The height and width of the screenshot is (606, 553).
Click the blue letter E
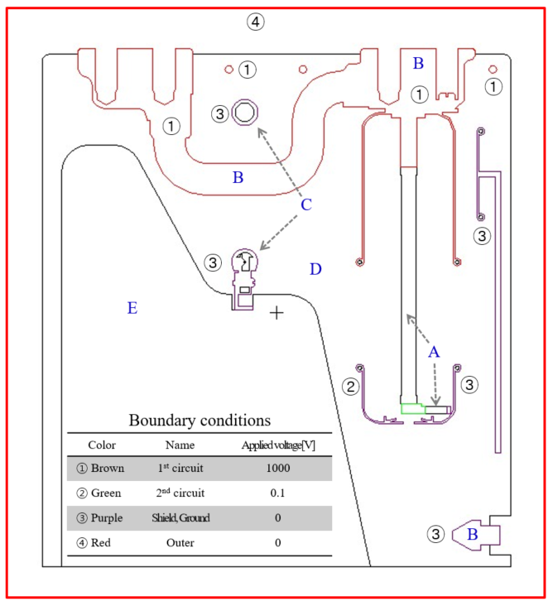point(132,309)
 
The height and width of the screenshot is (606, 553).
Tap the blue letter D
point(315,269)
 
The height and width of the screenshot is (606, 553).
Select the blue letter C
point(305,204)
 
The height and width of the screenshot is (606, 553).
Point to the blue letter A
point(433,352)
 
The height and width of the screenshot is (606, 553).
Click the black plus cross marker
point(276,313)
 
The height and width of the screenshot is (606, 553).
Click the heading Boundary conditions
point(200,420)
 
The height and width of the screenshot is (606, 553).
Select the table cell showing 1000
point(277,468)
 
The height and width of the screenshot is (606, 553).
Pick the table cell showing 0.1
point(277,493)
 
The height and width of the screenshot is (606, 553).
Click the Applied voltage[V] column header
point(278,445)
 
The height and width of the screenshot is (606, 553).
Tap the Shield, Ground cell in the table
point(180,518)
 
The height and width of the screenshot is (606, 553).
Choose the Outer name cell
point(180,543)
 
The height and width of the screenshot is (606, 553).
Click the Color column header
point(101,445)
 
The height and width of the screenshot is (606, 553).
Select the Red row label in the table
point(100,543)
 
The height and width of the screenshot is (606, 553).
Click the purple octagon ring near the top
point(245,112)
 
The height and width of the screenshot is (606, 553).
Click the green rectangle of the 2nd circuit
point(412,407)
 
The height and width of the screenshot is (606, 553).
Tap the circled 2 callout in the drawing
point(351,386)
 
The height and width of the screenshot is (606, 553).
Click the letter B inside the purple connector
point(473,534)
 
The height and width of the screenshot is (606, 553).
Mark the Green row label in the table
point(100,493)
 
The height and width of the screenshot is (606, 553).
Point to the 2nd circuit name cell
point(180,493)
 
